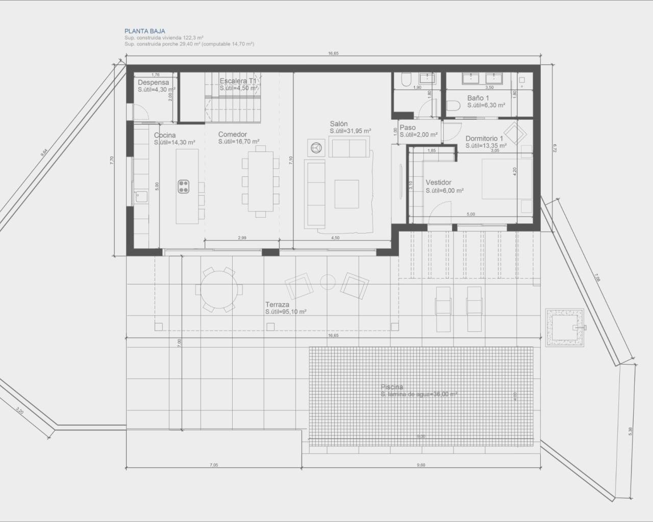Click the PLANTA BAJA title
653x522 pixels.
pyautogui.click(x=144, y=31)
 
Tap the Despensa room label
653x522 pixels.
pyautogui.click(x=153, y=83)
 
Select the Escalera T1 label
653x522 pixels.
pyautogui.click(x=238, y=81)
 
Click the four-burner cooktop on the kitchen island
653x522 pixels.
pyautogui.click(x=184, y=187)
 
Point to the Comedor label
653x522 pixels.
pyautogui.click(x=233, y=135)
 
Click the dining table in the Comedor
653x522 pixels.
pyautogui.click(x=261, y=179)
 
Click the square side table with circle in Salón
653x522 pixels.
pyautogui.click(x=316, y=147)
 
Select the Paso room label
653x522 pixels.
pyautogui.click(x=408, y=128)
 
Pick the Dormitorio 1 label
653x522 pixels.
pyautogui.click(x=484, y=139)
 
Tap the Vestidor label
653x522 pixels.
pyautogui.click(x=438, y=182)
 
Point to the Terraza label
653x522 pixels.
pyautogui.click(x=277, y=304)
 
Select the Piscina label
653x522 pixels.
pyautogui.click(x=391, y=387)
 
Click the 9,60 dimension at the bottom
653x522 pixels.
pyautogui.click(x=420, y=465)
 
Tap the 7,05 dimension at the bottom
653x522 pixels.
pyautogui.click(x=213, y=465)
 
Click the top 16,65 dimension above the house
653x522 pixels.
pyautogui.click(x=333, y=54)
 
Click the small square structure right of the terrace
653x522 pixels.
pyautogui.click(x=564, y=327)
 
